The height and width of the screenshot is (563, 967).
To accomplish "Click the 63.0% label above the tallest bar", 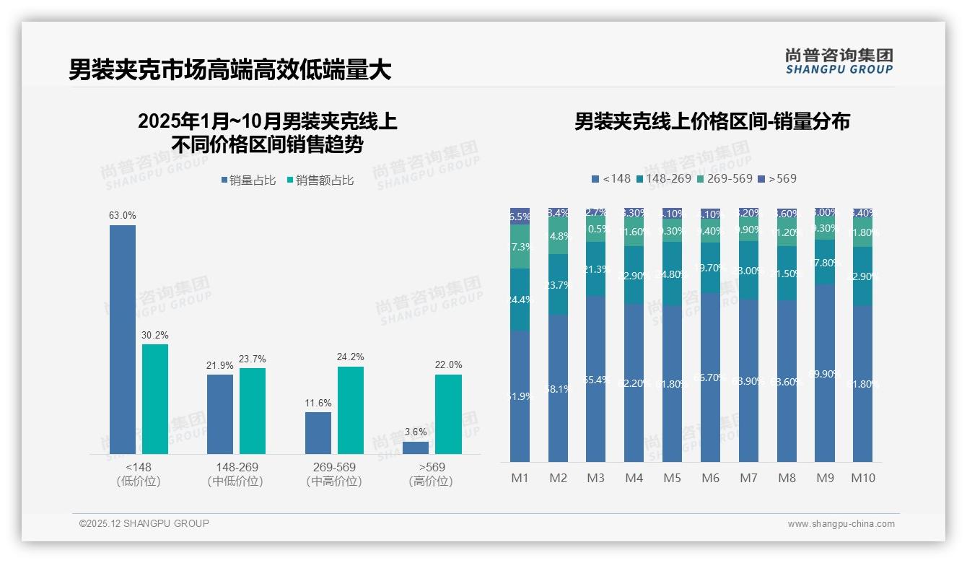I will pyautogui.click(x=122, y=215).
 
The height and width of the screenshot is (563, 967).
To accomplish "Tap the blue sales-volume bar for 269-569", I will pyautogui.click(x=318, y=432).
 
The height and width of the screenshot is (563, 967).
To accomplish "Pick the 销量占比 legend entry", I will pyautogui.click(x=248, y=180).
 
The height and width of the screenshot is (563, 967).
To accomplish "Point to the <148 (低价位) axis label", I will pyautogui.click(x=138, y=474).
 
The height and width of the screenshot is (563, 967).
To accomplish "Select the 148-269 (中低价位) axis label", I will pyautogui.click(x=235, y=474).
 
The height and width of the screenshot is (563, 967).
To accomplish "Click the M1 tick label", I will pyautogui.click(x=520, y=478).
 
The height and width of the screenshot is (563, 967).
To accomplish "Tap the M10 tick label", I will pyautogui.click(x=863, y=478).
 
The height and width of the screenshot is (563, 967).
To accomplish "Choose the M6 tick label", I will pyautogui.click(x=710, y=478).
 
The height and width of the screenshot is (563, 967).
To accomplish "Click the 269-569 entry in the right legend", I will pyautogui.click(x=725, y=178).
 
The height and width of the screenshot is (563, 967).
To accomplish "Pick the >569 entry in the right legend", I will pyautogui.click(x=778, y=178).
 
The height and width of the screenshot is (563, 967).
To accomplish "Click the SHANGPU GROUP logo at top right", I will pyautogui.click(x=839, y=61).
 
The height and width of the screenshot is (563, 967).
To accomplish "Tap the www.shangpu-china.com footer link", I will pyautogui.click(x=841, y=524).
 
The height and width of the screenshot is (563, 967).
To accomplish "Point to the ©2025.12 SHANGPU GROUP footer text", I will pyautogui.click(x=144, y=523).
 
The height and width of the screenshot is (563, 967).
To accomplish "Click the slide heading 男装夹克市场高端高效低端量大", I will pyautogui.click(x=230, y=70).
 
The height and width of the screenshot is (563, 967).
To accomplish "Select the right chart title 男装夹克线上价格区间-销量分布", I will pyautogui.click(x=712, y=121).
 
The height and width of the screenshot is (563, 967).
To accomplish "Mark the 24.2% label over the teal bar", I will pyautogui.click(x=350, y=357).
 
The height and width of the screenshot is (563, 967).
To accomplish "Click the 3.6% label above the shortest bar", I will pyautogui.click(x=416, y=432).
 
